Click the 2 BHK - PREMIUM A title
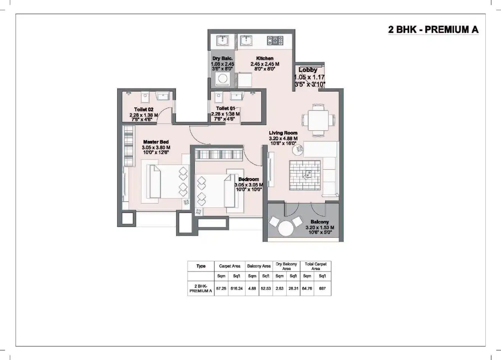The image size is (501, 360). pos(433,30)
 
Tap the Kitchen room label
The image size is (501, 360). pos(265,58)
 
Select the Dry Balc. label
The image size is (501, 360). pos(222,58)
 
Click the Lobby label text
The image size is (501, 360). pos(308,70)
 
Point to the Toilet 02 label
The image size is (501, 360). pos(144,109)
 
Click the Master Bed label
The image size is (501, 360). pos(156,142)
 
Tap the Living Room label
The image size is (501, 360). pos(283,133)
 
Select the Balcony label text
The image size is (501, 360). pos(320,222)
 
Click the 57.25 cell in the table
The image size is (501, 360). pos(221,289)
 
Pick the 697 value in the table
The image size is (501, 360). pos(323,289)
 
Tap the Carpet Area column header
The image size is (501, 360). pos(230,266)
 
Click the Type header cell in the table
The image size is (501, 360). pos(201,266)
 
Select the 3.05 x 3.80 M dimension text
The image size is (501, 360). pos(156,147)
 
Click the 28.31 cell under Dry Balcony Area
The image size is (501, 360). pos(293,289)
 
